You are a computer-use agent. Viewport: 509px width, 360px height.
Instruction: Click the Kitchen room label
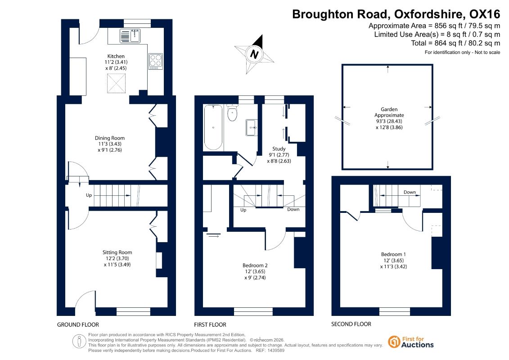tap(116, 56)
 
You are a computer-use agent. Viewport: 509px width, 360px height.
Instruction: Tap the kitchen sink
tap(130, 36)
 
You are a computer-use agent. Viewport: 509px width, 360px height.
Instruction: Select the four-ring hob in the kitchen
tap(156, 61)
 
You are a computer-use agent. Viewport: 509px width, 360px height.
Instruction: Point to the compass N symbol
tap(255, 54)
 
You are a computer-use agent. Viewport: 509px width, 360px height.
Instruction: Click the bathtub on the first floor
tap(213, 127)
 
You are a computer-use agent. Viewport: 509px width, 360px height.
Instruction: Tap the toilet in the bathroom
tap(232, 112)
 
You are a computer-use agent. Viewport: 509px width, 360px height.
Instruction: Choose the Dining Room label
tap(110, 138)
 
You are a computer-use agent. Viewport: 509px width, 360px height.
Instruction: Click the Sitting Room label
tap(117, 252)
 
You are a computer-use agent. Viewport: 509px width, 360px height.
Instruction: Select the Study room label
tap(279, 148)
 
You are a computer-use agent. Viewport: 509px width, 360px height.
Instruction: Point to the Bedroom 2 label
tap(255, 265)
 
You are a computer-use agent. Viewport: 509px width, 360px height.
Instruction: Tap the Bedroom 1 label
tap(393, 254)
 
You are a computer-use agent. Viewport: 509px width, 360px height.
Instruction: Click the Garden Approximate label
tap(389, 112)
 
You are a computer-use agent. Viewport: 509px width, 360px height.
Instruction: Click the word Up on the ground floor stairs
tap(89, 195)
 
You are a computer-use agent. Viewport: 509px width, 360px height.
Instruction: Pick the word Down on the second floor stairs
tap(410, 192)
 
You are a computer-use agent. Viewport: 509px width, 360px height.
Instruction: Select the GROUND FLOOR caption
tap(78, 324)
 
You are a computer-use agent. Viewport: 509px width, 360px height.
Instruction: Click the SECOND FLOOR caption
tap(351, 324)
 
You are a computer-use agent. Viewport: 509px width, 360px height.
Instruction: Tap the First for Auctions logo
tap(411, 342)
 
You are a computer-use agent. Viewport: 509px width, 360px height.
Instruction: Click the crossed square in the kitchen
tap(116, 83)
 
